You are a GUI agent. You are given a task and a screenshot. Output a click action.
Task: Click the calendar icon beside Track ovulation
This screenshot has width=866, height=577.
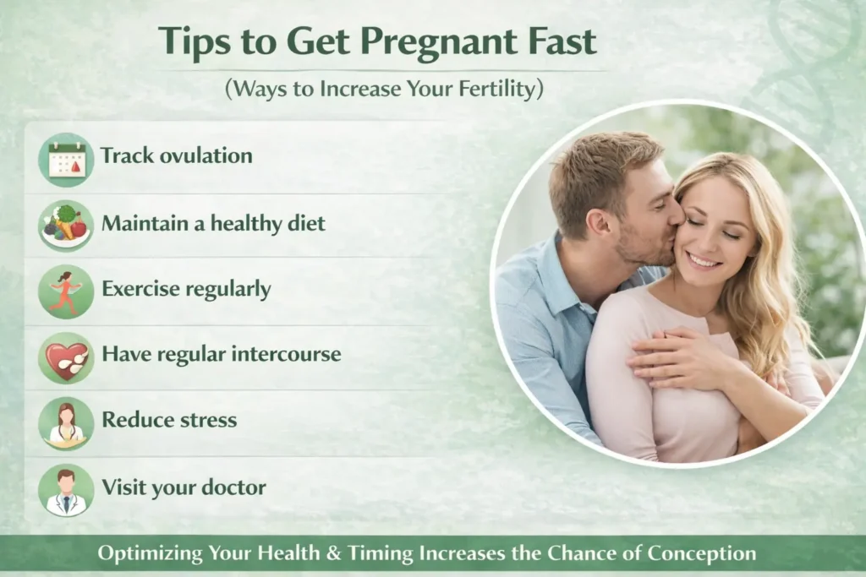(x=66, y=160)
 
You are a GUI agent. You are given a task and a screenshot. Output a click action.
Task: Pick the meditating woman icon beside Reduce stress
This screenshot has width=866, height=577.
(x=66, y=424)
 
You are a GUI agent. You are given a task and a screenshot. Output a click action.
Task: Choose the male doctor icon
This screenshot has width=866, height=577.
(x=66, y=490)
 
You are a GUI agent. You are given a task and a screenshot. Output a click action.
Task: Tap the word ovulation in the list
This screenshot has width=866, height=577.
(x=206, y=155)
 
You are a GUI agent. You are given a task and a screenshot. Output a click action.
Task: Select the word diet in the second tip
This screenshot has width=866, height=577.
(x=306, y=223)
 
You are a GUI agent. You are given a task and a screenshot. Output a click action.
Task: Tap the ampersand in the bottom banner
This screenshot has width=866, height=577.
(x=333, y=553)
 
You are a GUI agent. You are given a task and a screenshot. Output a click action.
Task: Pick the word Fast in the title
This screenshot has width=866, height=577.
(x=562, y=41)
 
